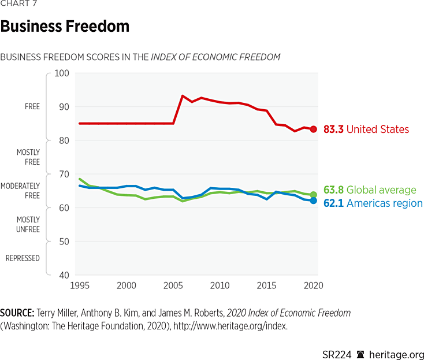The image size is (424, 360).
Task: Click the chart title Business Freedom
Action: (65, 27)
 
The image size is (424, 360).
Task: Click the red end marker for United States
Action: (314, 129)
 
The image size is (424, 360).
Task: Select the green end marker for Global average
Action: (314, 195)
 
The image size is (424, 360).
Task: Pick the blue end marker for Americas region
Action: (314, 201)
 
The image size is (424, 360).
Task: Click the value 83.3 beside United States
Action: (333, 129)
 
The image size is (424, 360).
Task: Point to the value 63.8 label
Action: (333, 190)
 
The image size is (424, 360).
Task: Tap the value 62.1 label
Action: (333, 203)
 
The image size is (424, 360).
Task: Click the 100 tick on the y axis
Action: (61, 73)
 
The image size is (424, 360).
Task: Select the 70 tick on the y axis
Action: (62, 174)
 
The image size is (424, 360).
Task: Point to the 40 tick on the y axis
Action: (62, 275)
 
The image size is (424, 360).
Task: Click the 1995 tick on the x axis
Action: (79, 285)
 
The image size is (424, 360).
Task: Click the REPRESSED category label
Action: (23, 258)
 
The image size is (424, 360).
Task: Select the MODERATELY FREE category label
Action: (20, 191)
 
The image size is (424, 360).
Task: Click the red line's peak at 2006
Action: (183, 96)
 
